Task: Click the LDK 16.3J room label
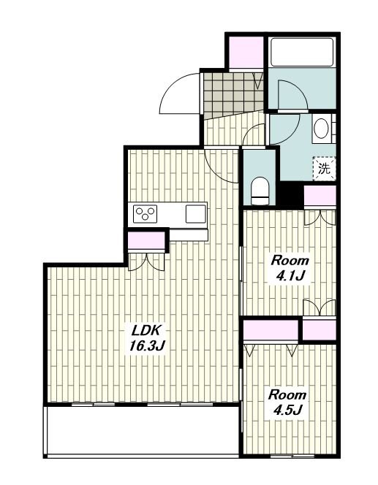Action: pos(146,338)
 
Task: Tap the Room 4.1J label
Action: pos(290,268)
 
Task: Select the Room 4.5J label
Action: pos(287,402)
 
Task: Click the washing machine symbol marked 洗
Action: pos(324,169)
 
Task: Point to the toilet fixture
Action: pos(260,191)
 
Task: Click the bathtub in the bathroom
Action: pos(302,52)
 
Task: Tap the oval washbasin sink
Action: pos(322,129)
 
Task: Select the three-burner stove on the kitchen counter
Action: pos(145,214)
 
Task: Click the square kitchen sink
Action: pos(196,214)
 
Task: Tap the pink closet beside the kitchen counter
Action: pos(146,240)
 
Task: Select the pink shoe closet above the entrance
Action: pos(246,53)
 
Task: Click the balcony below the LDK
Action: pos(143,430)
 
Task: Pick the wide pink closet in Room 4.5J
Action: pos(271,330)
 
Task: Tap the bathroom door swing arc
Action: pos(291,95)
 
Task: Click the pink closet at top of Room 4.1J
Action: pos(320,196)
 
